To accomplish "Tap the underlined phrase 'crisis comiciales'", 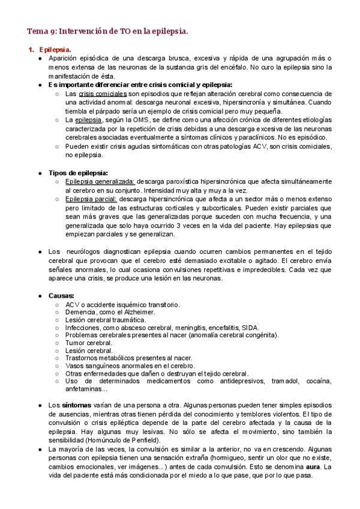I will click(103, 94).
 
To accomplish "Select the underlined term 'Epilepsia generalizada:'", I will click(101, 181).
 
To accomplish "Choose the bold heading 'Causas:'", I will click(61, 296).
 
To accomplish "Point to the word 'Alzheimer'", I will click(137, 312).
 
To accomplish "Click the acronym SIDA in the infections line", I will click(250, 328).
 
